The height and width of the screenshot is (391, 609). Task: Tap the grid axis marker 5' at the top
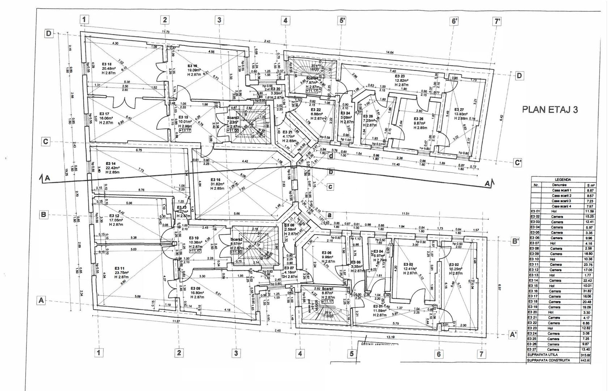click(342, 21)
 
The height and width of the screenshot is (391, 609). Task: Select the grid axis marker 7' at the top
click(498, 21)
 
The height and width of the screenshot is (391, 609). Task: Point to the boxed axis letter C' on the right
click(518, 163)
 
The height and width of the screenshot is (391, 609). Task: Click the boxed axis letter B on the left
click(44, 215)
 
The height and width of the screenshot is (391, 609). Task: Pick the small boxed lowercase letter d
click(331, 156)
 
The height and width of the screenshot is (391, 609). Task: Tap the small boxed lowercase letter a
click(329, 214)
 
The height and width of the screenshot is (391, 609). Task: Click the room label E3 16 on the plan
click(215, 180)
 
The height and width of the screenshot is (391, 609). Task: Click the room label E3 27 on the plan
click(460, 110)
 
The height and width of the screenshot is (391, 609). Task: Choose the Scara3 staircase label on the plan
click(233, 118)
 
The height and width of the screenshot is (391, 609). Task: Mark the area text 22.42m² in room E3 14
click(113, 168)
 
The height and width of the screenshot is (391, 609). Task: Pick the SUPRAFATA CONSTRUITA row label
click(549, 360)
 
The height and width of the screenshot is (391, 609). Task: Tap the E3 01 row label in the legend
click(535, 211)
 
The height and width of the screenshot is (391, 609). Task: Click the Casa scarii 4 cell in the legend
click(561, 206)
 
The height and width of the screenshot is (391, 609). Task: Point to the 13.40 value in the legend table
click(586, 349)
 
